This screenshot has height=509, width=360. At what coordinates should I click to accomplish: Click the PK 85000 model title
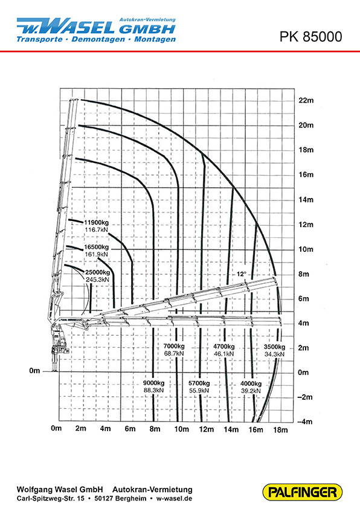[310, 37]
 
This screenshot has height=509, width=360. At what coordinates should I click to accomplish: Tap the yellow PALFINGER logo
[302, 492]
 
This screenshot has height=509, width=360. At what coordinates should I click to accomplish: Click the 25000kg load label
[97, 272]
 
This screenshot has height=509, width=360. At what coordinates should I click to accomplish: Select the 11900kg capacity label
[97, 223]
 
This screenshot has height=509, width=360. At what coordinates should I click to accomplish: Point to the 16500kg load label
[97, 248]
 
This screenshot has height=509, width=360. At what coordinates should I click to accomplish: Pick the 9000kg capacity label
[154, 383]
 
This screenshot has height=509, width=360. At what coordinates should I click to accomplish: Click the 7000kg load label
[174, 346]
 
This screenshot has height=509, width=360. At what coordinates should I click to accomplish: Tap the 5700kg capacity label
[199, 383]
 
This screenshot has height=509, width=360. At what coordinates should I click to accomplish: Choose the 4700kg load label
[224, 347]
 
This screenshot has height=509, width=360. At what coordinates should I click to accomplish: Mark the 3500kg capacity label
[274, 347]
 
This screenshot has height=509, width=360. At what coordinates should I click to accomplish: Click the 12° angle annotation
[241, 274]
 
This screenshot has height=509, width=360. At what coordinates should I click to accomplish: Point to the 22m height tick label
[306, 100]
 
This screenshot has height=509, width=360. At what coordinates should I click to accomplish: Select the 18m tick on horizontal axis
[280, 430]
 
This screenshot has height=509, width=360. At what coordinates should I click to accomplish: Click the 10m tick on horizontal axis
[181, 429]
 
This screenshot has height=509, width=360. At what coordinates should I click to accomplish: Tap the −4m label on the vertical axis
[305, 421]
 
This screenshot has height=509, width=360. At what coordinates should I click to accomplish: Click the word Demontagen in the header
[98, 39]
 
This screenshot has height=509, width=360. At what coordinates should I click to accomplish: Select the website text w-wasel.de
[174, 498]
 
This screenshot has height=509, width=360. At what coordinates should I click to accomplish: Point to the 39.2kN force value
[251, 391]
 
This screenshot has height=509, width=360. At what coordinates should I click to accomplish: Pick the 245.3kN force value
[97, 280]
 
